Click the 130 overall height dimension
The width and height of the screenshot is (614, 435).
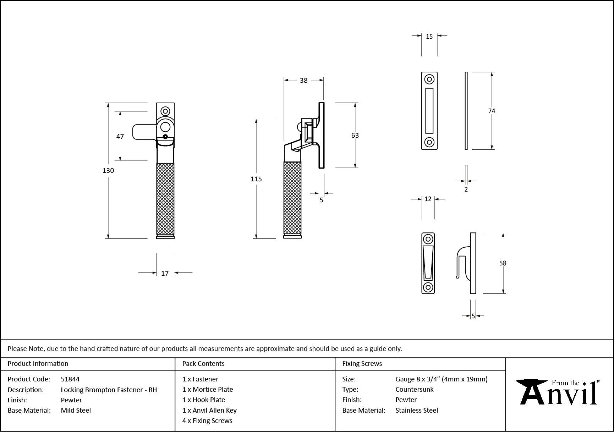pyautogui.click(x=108, y=171)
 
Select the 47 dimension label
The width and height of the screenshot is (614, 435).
pyautogui.click(x=120, y=136)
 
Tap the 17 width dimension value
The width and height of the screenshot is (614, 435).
pyautogui.click(x=165, y=273)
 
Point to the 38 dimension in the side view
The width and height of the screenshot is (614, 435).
pyautogui.click(x=303, y=81)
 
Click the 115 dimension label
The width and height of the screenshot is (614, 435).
pyautogui.click(x=256, y=179)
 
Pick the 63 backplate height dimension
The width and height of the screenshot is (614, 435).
pyautogui.click(x=355, y=136)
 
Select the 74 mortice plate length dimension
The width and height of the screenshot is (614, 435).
pyautogui.click(x=491, y=111)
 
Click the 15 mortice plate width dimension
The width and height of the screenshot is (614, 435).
pyautogui.click(x=429, y=37)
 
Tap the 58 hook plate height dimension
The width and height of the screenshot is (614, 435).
pyautogui.click(x=503, y=263)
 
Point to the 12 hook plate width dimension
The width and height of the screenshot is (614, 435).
pyautogui.click(x=428, y=199)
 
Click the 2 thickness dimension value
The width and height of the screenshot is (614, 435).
pyautogui.click(x=466, y=189)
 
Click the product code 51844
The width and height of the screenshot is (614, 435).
pyautogui.click(x=70, y=379)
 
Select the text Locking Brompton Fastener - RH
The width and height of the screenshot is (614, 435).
pyautogui.click(x=109, y=390)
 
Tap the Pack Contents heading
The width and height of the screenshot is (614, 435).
pyautogui.click(x=203, y=364)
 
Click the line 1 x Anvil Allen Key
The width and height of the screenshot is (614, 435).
pyautogui.click(x=209, y=410)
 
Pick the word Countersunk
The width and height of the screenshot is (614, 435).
pyautogui.click(x=414, y=389)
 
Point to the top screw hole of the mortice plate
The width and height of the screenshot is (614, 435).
pyautogui.click(x=429, y=79)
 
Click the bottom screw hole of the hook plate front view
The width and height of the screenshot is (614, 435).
pyautogui.click(x=428, y=287)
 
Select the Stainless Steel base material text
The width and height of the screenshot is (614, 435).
pyautogui.click(x=417, y=410)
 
